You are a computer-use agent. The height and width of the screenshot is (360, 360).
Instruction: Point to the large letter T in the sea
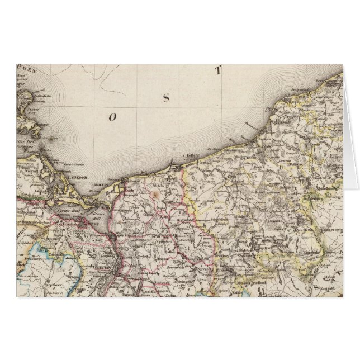pos(220,71)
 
